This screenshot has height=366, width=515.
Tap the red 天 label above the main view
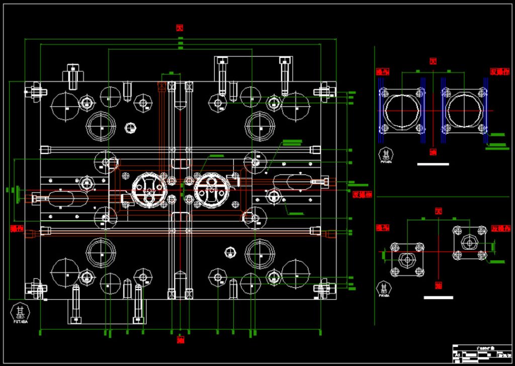coord(180,28)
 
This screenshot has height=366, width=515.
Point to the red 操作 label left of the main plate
coord(17,228)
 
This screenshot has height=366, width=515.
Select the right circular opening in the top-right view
coord(463,110)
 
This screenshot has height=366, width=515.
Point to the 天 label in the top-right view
coord(432,61)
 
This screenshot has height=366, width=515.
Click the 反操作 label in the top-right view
coord(500,71)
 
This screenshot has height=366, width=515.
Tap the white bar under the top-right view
coord(433,164)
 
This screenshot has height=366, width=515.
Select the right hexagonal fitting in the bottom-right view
coord(470,243)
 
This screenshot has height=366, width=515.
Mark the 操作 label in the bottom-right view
coord(383,228)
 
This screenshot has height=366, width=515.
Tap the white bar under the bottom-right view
coord(439,298)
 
